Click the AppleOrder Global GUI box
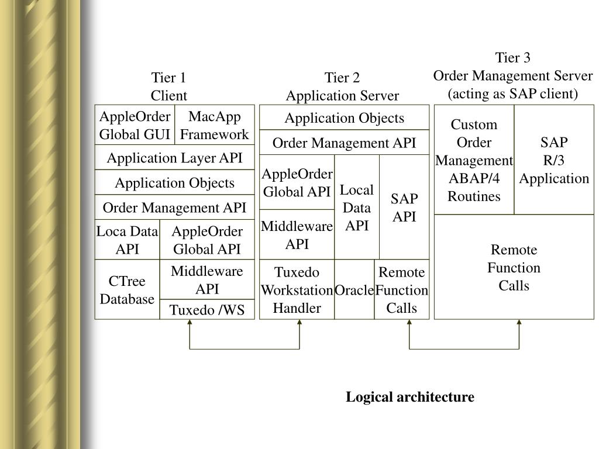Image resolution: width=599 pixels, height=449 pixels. [x=135, y=125]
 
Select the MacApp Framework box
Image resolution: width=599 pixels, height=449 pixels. [x=215, y=125]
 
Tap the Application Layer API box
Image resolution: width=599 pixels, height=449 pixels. [x=174, y=157]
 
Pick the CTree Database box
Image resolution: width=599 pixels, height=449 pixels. [x=127, y=289]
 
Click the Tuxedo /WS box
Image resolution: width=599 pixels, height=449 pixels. [x=207, y=309]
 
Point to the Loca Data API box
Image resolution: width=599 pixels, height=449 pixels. [x=127, y=240]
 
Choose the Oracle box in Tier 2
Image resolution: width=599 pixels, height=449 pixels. [x=354, y=289]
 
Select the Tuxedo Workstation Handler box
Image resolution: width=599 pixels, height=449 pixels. [x=297, y=289]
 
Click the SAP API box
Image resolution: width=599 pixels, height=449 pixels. [x=404, y=207]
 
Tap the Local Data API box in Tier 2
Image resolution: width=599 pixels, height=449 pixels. [x=357, y=207]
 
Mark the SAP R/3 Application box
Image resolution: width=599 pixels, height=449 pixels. [x=554, y=160]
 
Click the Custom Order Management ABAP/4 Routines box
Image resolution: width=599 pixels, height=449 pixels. [x=474, y=160]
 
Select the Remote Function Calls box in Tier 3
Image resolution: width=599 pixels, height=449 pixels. [x=514, y=267]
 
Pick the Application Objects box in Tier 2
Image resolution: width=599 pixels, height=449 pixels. [x=344, y=118]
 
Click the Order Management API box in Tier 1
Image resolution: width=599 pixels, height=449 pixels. [x=174, y=208]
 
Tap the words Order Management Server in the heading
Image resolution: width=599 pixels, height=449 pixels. [x=512, y=75]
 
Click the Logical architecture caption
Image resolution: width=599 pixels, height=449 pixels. [x=410, y=397]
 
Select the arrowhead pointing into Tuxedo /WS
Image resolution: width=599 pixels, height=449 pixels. [x=190, y=322]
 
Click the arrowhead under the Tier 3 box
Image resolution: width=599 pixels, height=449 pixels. [x=519, y=322]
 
